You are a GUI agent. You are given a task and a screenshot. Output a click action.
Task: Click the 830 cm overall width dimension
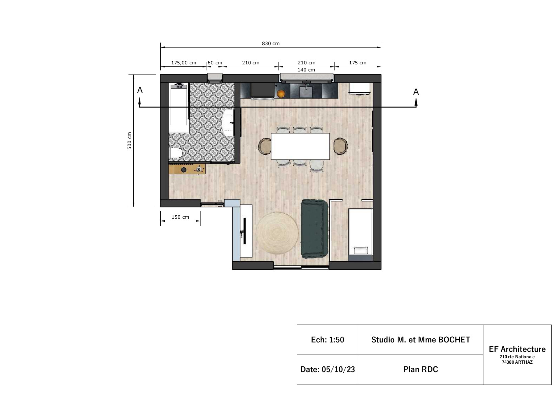(x=270, y=43)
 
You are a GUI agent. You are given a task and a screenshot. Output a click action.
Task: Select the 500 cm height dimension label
(x=129, y=141)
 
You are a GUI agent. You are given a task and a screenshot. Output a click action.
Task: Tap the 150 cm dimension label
(x=180, y=217)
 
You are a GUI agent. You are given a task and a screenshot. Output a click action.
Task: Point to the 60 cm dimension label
(x=215, y=63)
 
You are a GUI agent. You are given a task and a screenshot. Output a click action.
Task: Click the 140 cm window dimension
(x=306, y=70)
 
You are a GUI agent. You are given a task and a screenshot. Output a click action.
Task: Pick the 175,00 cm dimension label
(x=184, y=63)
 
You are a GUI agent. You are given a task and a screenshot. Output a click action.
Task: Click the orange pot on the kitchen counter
(x=281, y=94)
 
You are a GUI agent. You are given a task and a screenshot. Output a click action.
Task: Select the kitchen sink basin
(x=305, y=92)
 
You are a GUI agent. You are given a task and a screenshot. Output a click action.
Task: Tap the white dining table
(x=300, y=146)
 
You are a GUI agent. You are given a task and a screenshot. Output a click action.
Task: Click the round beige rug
(x=277, y=233)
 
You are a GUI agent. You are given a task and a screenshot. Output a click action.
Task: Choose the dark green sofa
(x=314, y=229)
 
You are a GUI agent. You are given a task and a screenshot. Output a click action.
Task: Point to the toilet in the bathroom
(x=176, y=153)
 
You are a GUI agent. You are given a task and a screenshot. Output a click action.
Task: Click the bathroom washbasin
(x=228, y=123)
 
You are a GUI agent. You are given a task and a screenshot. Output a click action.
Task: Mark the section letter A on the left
(x=140, y=90)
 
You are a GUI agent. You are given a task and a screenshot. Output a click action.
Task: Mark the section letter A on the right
(x=416, y=92)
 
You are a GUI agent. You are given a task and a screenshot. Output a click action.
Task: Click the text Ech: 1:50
(x=327, y=340)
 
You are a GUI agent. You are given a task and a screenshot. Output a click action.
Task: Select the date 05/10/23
(x=338, y=369)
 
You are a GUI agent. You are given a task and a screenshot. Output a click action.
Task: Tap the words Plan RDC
(x=421, y=369)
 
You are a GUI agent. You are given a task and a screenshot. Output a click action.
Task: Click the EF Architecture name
(x=517, y=349)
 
